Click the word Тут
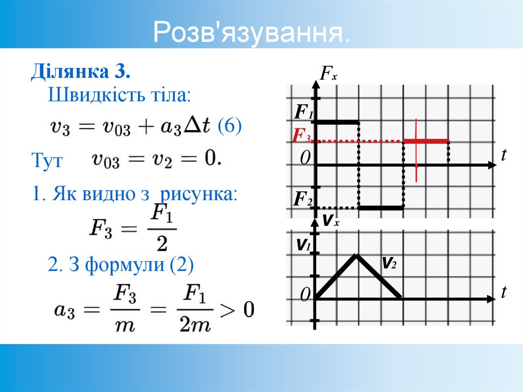pos(47,161)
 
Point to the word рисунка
pos(199,194)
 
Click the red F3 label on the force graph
pos(302,136)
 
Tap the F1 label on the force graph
pos(303,111)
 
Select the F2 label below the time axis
pos(302,199)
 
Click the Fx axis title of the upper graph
pos(328,76)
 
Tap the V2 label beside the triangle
pos(390,263)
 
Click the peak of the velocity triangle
pos(358,254)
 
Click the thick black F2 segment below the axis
pos(381,207)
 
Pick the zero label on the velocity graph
pos(305,294)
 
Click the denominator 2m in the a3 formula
pos(194,325)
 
